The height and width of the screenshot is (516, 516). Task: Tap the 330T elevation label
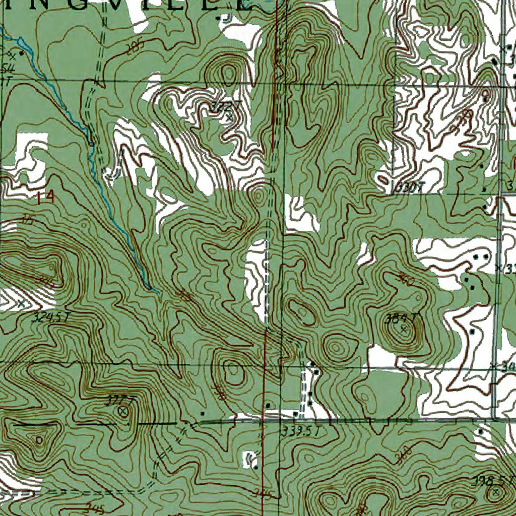click(409, 188)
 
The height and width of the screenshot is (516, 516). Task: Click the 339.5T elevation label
click(300, 431)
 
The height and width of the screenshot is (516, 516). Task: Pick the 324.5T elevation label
click(49, 318)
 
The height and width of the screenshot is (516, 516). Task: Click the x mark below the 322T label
click(230, 118)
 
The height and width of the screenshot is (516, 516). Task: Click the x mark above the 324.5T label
click(21, 303)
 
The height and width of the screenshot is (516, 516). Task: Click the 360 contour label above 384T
click(406, 280)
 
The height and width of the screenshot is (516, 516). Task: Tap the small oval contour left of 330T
click(383, 180)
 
